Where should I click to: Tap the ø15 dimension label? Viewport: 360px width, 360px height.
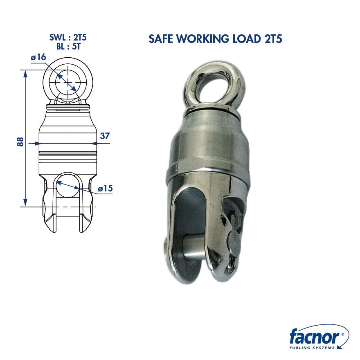click(105, 189)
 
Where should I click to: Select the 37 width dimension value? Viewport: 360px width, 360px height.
click(105, 136)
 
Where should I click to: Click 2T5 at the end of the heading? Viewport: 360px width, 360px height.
click(274, 39)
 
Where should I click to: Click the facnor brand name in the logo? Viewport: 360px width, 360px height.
click(314, 338)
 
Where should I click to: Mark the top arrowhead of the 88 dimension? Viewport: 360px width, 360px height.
click(25, 73)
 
